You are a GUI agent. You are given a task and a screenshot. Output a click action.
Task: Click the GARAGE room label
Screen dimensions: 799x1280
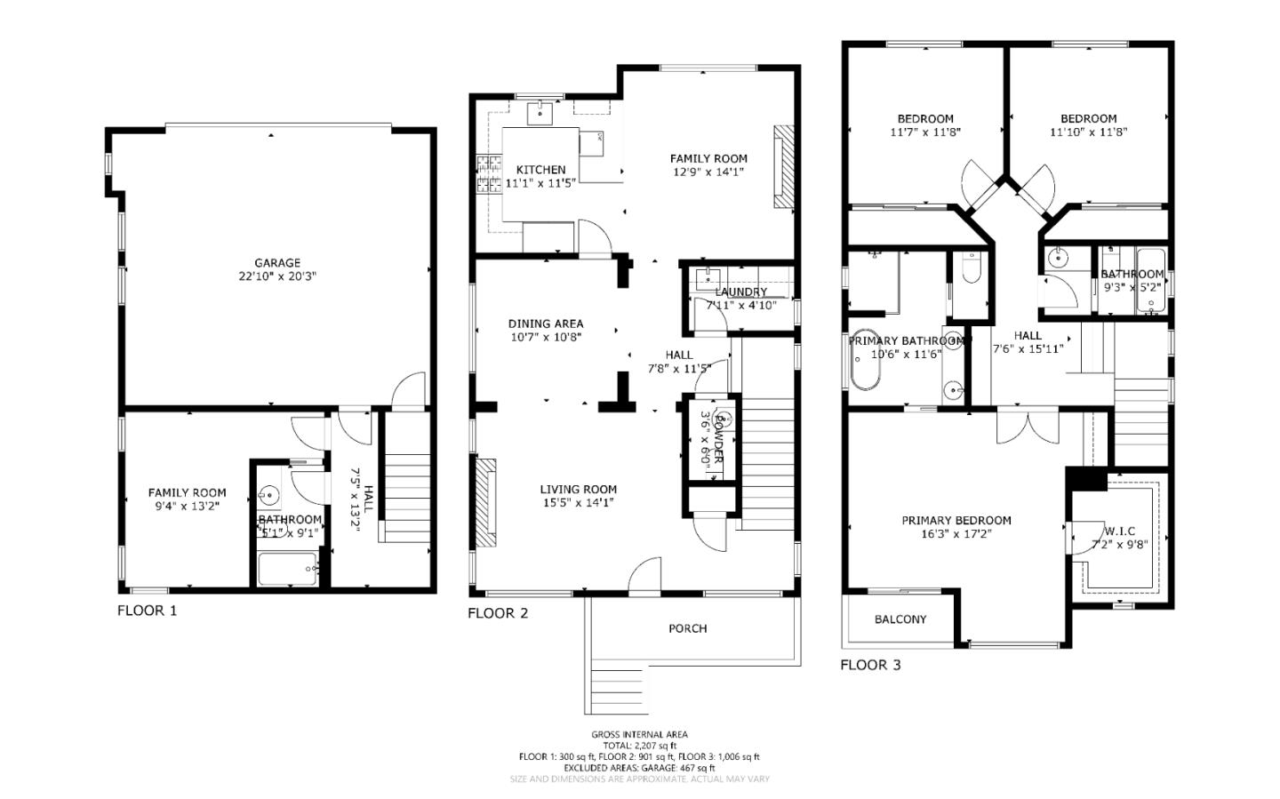tap(277, 263)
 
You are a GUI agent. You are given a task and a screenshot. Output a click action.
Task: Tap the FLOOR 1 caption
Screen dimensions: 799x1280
tap(148, 611)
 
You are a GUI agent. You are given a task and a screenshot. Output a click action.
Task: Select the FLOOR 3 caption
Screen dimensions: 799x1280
tap(870, 665)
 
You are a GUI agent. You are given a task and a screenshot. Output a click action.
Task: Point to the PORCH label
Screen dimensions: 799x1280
tap(687, 628)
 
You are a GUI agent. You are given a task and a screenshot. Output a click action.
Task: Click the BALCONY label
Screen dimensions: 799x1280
tap(900, 619)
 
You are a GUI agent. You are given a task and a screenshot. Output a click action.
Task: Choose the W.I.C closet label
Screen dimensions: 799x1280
tap(1119, 531)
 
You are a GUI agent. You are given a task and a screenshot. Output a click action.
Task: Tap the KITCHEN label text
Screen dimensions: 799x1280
tap(540, 170)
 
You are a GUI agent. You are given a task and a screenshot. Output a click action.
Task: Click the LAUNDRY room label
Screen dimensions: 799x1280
tap(740, 292)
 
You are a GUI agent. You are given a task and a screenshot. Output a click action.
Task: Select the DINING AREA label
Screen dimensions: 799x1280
tap(546, 324)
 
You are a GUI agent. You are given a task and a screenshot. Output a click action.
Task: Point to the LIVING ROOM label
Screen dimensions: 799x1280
tap(578, 489)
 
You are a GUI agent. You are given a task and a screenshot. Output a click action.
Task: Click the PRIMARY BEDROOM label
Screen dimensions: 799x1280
tap(956, 521)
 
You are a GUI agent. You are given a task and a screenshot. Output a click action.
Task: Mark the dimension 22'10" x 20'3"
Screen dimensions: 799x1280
tap(277, 276)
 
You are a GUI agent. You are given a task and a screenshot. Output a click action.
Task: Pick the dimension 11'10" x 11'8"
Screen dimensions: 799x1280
tap(1088, 132)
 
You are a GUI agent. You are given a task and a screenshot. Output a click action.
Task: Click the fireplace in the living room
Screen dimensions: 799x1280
tap(485, 505)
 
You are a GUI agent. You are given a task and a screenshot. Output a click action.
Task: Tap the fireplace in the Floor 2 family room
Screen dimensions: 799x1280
tap(782, 167)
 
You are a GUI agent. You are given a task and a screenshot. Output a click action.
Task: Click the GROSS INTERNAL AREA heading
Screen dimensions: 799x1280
tap(639, 734)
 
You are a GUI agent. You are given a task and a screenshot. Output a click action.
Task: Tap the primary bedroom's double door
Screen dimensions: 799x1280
tap(1028, 425)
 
